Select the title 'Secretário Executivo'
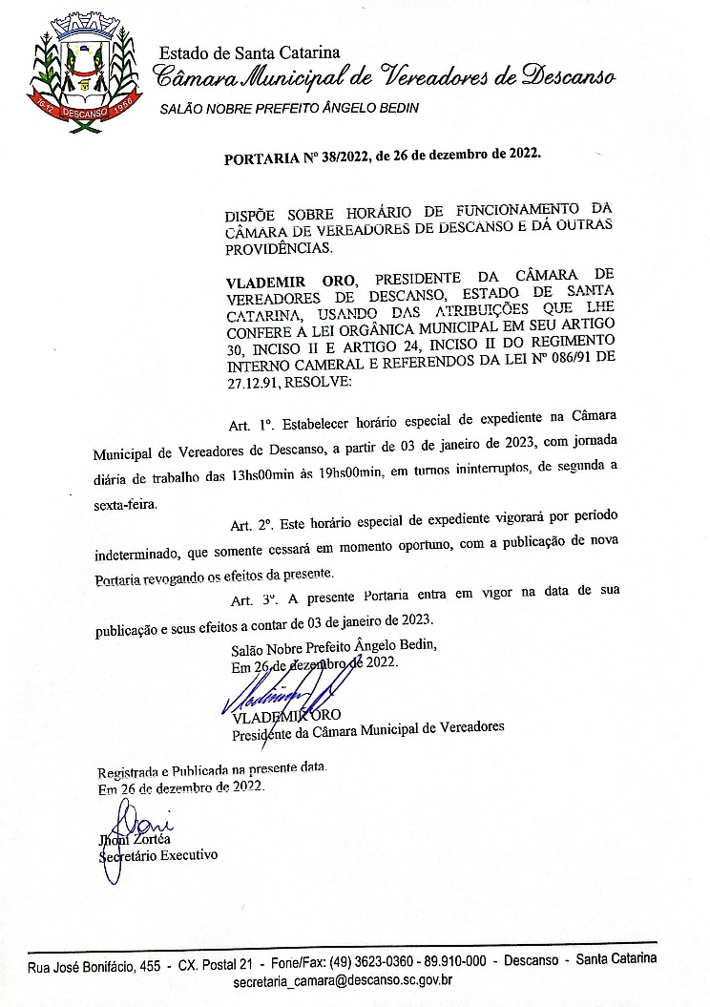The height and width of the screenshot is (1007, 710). pyautogui.click(x=158, y=855)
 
